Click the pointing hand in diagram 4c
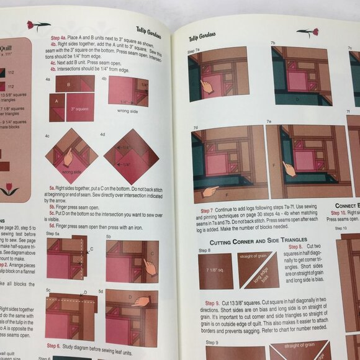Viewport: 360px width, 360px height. [x=68, y=160]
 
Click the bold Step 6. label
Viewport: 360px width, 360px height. [x=54, y=345]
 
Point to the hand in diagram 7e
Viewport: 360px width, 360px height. [x=288, y=168]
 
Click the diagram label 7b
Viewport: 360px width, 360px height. [x=273, y=43]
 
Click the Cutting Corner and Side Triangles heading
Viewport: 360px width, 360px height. [x=249, y=241]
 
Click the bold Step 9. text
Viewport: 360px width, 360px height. [x=210, y=303]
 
